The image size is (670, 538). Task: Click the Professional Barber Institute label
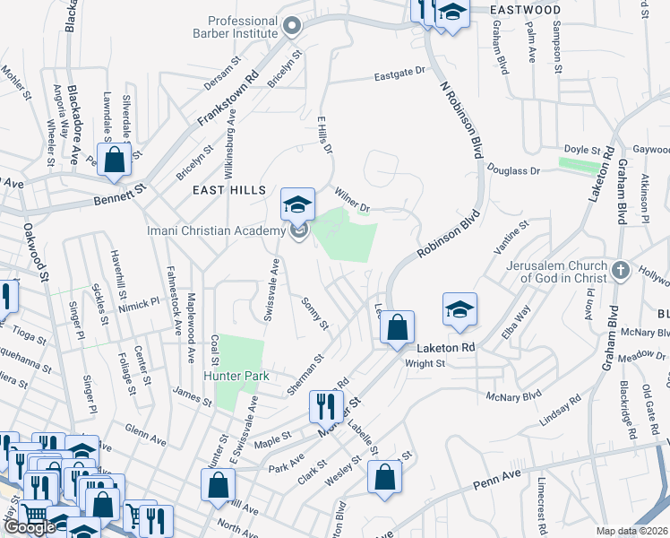(x=242, y=27)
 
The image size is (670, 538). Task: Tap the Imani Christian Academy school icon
(x=298, y=205)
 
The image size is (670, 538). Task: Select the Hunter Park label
(x=236, y=377)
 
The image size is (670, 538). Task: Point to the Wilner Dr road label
(x=352, y=198)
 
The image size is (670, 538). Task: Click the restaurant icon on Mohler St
(x=323, y=405)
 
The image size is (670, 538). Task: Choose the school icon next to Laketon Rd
(x=460, y=310)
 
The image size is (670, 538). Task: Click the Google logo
(x=30, y=527)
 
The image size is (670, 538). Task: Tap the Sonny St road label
(x=315, y=314)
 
